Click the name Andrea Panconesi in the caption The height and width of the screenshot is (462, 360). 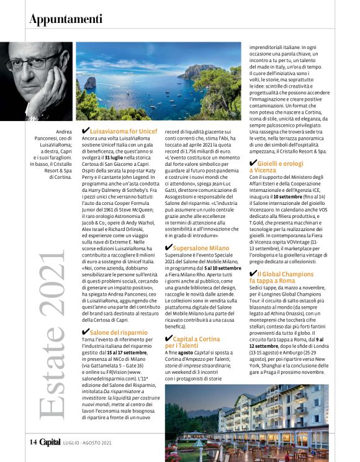click(x=61, y=138)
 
